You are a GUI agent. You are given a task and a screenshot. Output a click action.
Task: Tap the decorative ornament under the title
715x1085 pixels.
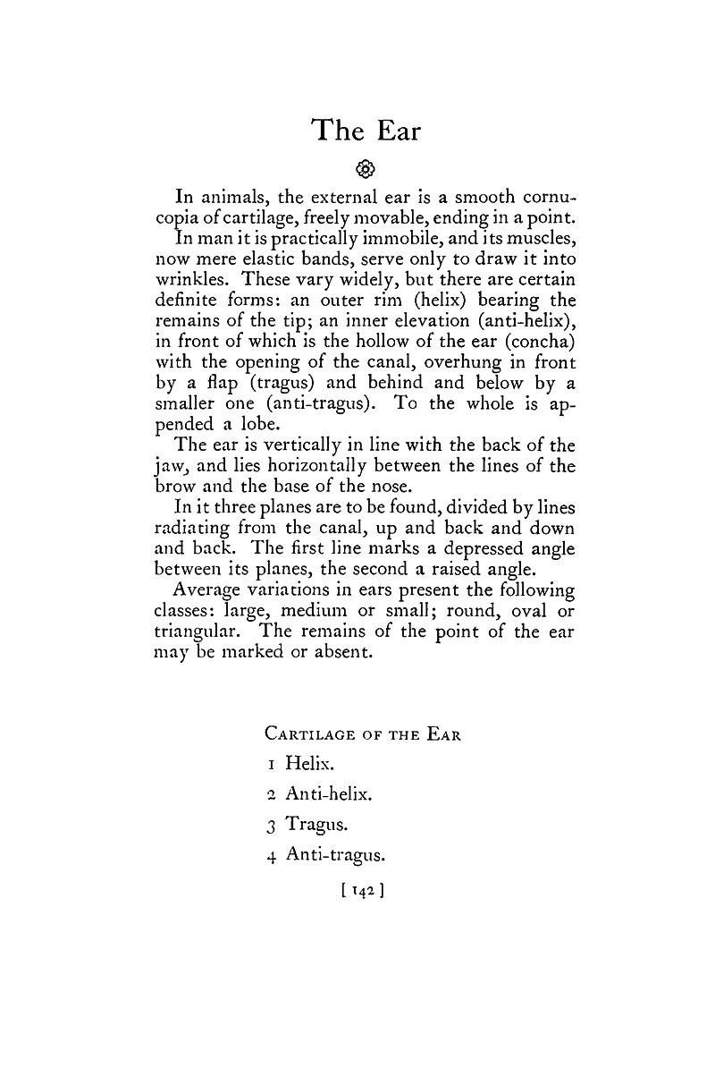[x=364, y=168]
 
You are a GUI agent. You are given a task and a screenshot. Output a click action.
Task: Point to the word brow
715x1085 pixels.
[x=177, y=487]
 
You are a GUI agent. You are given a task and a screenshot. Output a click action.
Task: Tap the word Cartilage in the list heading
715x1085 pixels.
[x=309, y=734]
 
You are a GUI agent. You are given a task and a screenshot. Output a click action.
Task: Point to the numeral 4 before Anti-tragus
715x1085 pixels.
[x=271, y=856]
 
